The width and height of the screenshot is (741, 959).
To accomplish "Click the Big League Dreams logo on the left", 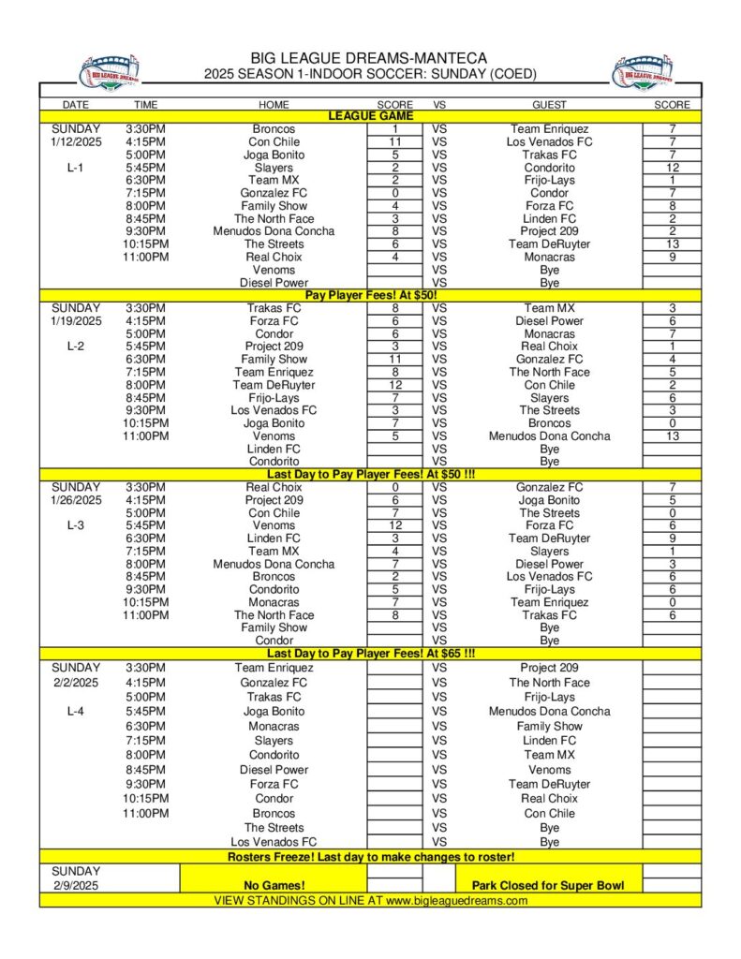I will click(109, 72).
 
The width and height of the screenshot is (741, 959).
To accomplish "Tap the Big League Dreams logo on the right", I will click(641, 72).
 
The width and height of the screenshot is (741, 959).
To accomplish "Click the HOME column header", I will click(274, 105).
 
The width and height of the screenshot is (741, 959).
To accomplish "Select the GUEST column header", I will click(549, 105).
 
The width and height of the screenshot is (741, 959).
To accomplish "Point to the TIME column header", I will click(145, 105).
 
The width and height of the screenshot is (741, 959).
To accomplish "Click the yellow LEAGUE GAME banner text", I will click(369, 116).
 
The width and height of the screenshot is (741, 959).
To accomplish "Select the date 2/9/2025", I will click(76, 885).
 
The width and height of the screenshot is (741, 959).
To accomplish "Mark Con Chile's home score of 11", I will click(395, 141).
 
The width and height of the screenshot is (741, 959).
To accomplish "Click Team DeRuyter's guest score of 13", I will click(672, 243).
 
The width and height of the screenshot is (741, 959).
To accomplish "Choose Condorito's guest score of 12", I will click(672, 168).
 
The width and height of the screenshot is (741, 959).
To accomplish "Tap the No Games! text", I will click(274, 885).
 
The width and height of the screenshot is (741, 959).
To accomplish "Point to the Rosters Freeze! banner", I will click(371, 857).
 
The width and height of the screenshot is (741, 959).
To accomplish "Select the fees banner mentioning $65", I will click(371, 654).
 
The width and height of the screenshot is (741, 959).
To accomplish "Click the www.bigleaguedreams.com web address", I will click(456, 901).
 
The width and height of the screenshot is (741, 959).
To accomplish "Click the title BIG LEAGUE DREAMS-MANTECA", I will click(369, 58).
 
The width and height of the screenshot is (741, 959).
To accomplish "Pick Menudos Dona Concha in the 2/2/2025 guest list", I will click(549, 712).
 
